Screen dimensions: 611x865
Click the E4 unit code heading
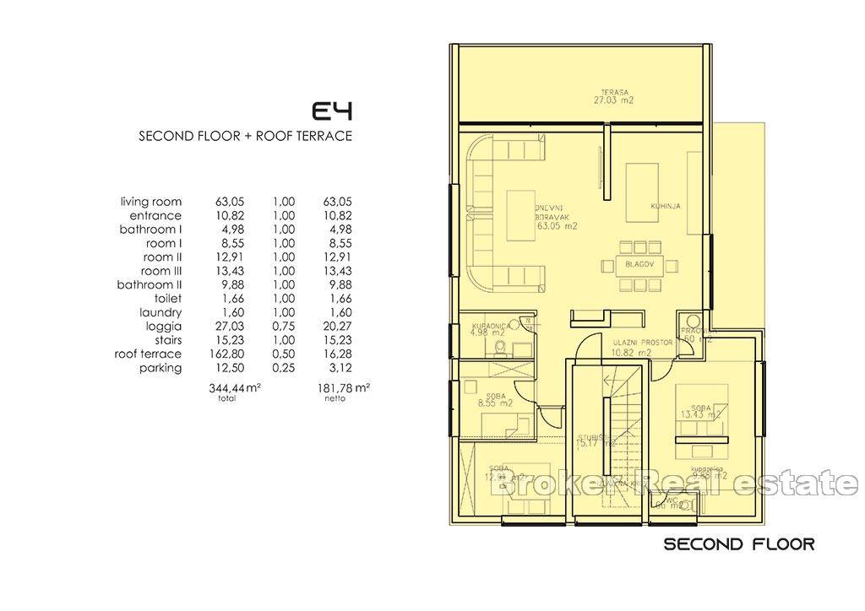pos(332,111)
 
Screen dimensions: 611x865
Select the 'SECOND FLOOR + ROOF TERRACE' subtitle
pos(245,136)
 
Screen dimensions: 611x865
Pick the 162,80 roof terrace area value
pos(221,354)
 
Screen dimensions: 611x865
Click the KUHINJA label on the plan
pos(666,206)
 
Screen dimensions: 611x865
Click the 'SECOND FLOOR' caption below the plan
pos(738,544)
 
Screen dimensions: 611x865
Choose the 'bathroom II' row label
pos(150,285)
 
